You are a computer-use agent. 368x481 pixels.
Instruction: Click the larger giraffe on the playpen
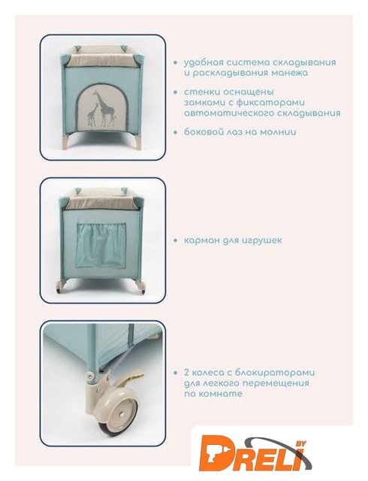click(x=105, y=109)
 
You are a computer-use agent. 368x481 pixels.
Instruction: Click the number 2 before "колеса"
click(x=187, y=373)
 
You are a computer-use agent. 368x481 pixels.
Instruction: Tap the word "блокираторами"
click(x=275, y=373)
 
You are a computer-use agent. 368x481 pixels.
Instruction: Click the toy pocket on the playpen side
click(x=101, y=244)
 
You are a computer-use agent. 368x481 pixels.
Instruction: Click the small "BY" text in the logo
click(x=300, y=443)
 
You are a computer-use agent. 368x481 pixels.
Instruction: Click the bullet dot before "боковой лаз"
click(x=176, y=132)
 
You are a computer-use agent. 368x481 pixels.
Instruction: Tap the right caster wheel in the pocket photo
click(x=141, y=289)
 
